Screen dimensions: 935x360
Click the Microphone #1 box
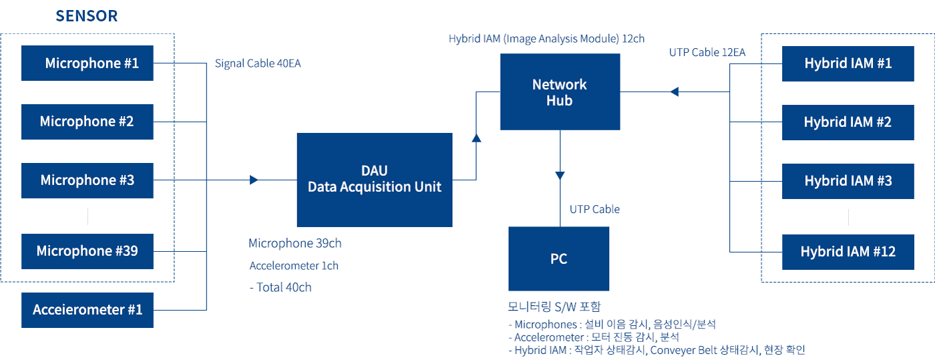coord(87,63)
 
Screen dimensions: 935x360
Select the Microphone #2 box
coord(87,122)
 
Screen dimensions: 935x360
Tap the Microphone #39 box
coord(87,251)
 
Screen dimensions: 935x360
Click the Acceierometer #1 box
coord(87,310)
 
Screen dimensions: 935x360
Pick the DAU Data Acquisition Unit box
coord(375,180)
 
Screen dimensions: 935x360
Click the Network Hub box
coord(560,92)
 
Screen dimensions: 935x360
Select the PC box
coord(558,258)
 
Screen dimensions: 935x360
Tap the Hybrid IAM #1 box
coord(848,63)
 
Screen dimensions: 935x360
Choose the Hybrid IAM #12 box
coord(848,252)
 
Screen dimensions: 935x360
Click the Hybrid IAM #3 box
coord(848,181)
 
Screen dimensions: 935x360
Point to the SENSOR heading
coord(87,16)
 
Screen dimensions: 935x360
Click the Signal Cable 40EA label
coord(258,63)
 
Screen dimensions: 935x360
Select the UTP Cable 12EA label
coord(707,52)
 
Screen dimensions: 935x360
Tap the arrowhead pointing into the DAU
coord(254,180)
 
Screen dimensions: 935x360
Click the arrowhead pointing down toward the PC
coord(560,176)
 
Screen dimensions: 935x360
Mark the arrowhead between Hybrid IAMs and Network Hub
coord(674,92)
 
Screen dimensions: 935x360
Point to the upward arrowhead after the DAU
coord(476,138)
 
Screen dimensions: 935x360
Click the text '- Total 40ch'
coord(280,287)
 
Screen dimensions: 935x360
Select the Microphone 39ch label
coord(295,243)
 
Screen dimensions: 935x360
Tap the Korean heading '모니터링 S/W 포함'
coord(554,307)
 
